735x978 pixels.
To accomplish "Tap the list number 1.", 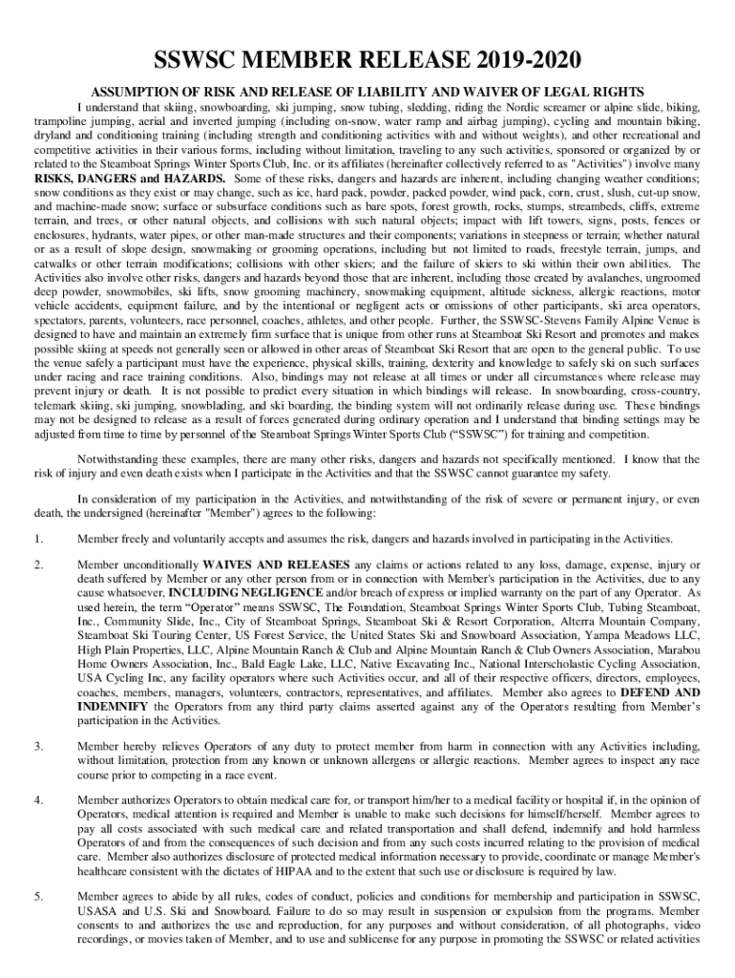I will coord(37,539).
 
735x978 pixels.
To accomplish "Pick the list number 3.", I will coord(37,746).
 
